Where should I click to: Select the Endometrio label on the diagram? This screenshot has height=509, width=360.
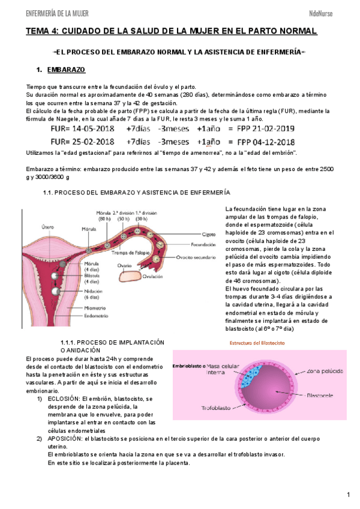[x=96, y=316]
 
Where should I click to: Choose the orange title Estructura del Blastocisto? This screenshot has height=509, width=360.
[x=257, y=343]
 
